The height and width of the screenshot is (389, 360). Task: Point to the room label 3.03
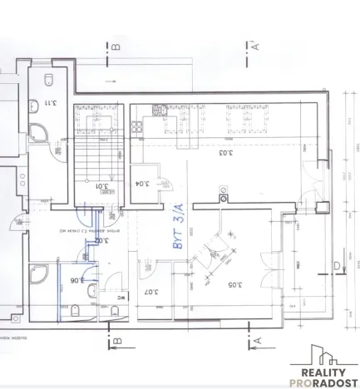click(225, 153)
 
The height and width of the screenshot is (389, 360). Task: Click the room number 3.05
click(234, 285)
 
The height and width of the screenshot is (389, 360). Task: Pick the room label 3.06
click(74, 281)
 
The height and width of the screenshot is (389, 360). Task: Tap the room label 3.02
click(101, 241)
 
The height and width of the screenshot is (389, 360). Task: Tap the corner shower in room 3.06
click(38, 275)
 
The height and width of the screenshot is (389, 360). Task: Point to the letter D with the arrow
click(335, 266)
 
